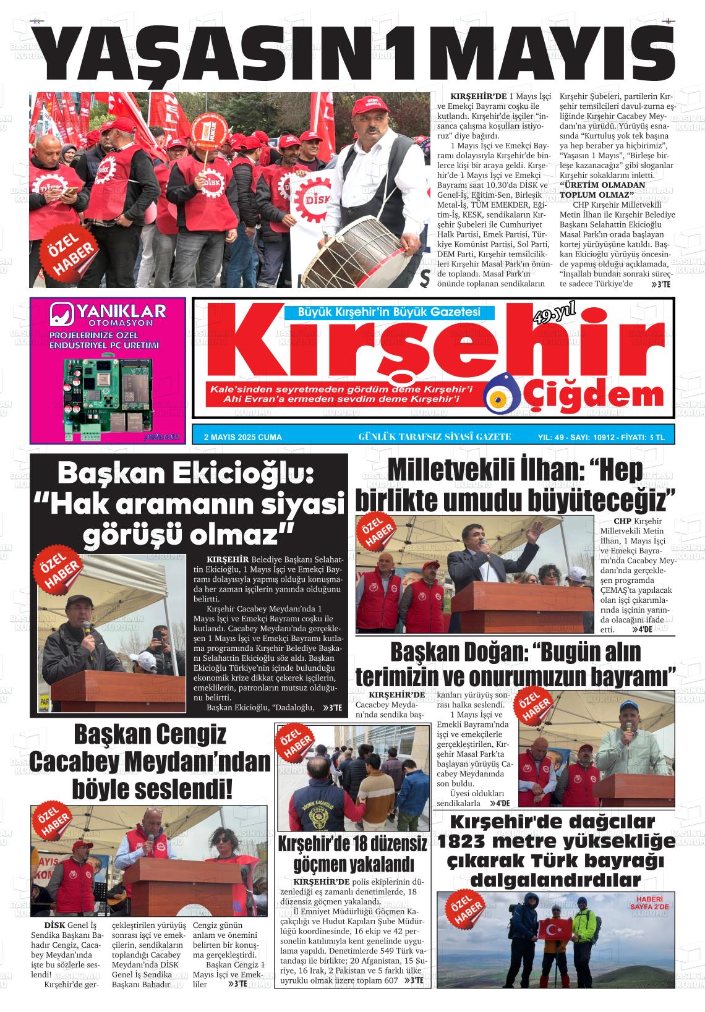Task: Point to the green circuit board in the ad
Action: [x=108, y=396]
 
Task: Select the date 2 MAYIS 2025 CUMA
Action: [x=242, y=437]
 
